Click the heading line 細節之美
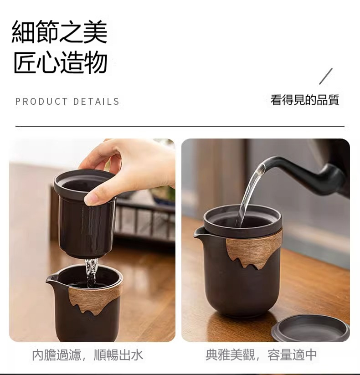click(59, 32)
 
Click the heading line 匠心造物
click(60, 62)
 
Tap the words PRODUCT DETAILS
click(67, 102)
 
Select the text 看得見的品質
click(305, 100)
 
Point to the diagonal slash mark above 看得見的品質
click(326, 76)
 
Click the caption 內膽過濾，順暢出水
click(87, 355)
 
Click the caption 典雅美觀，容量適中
click(261, 355)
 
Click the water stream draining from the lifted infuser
click(92, 272)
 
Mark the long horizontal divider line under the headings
click(180, 126)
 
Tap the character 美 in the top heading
click(95, 32)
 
